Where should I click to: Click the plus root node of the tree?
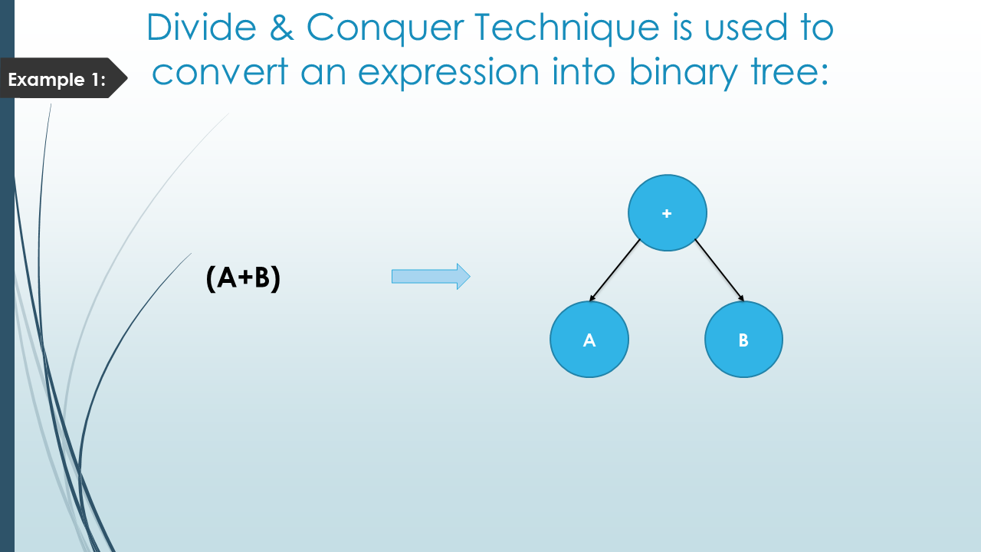(x=667, y=213)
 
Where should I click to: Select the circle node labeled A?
(x=589, y=340)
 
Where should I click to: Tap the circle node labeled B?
(x=743, y=340)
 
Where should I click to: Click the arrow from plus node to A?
(x=615, y=270)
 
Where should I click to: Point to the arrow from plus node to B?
(x=720, y=270)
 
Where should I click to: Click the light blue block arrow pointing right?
(x=431, y=277)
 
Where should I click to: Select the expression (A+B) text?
(x=243, y=278)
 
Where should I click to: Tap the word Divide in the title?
(x=202, y=27)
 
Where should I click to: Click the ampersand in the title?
(x=281, y=28)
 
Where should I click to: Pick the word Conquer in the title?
(x=386, y=29)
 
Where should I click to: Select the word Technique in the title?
(x=567, y=29)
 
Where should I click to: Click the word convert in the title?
(x=220, y=71)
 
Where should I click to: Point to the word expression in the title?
(x=449, y=74)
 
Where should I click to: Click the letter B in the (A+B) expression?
(x=262, y=278)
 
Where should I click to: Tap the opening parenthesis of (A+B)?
(x=211, y=278)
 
